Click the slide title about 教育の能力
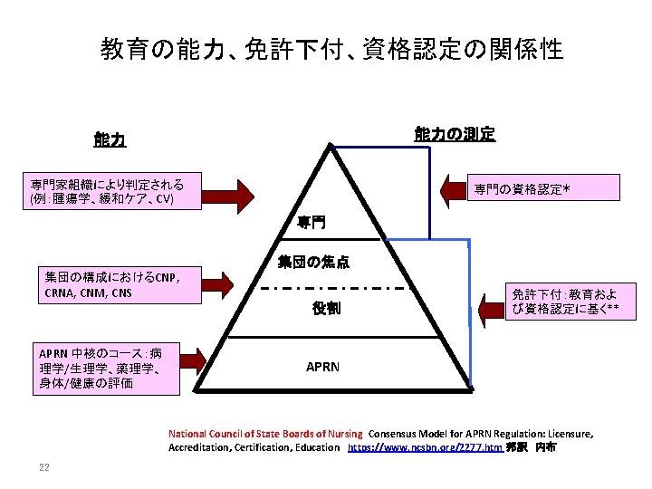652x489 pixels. point(331,48)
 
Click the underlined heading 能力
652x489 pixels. point(110,140)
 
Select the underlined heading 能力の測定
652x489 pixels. point(455,134)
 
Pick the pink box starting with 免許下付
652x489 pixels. point(564,302)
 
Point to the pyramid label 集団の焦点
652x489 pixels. point(313,263)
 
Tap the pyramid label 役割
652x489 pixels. point(326,309)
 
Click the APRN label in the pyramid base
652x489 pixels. point(323,367)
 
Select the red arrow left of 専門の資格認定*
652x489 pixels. point(455,190)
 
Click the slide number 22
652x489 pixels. point(43,467)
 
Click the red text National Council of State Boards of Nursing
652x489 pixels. point(265,434)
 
